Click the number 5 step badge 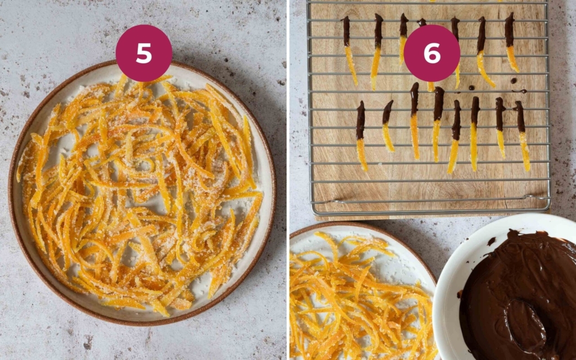(144, 53)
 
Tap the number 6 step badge (432, 53)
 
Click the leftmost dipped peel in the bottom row (361, 135)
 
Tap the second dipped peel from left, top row (377, 51)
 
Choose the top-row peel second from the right (483, 51)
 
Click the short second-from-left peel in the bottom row (388, 126)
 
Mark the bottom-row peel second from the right (500, 127)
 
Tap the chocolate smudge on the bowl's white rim (492, 241)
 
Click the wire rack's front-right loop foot (528, 197)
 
